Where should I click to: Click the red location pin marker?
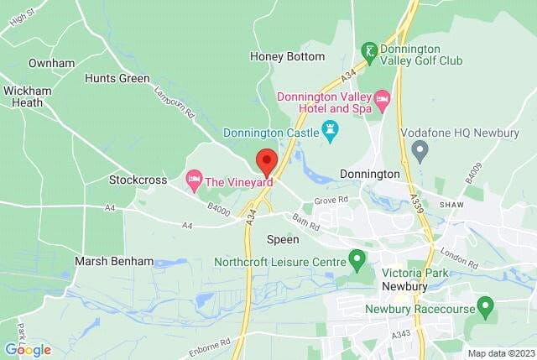click(x=266, y=161)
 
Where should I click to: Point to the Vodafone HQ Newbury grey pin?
click(x=420, y=151)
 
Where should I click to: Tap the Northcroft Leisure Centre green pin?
click(x=357, y=259)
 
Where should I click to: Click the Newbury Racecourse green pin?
click(x=484, y=307)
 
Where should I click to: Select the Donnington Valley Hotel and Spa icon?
click(x=383, y=102)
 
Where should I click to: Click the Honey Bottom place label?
click(x=287, y=56)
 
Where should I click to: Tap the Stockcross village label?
click(x=134, y=180)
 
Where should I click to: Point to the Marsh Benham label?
click(x=114, y=261)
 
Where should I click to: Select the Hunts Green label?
click(x=117, y=78)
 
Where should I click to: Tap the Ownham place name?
click(x=51, y=63)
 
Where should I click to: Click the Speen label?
click(x=282, y=239)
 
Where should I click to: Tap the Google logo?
click(x=28, y=350)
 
